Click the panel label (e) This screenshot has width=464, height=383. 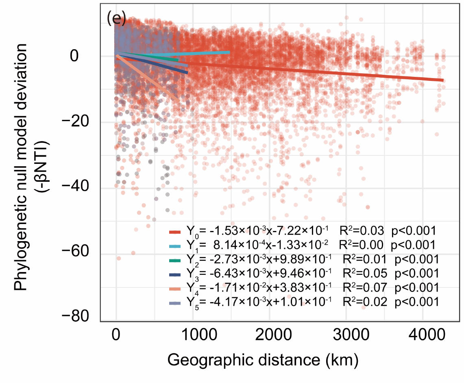click(x=116, y=19)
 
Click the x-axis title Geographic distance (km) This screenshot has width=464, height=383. click(x=263, y=360)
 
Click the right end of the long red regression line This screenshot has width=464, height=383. click(x=442, y=80)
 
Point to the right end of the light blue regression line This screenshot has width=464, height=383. click(x=229, y=52)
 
